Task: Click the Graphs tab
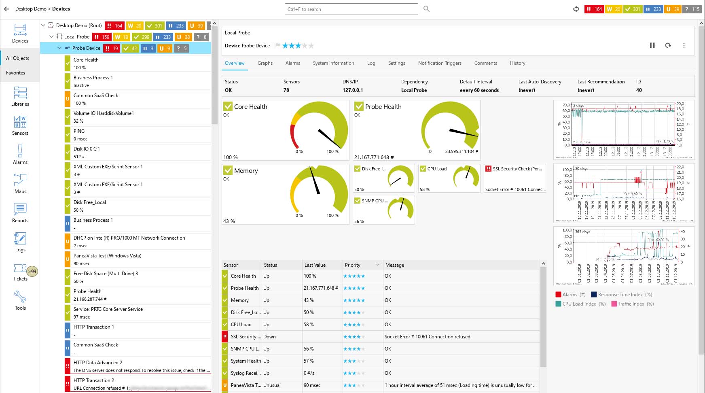point(265,63)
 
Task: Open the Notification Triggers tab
point(440,63)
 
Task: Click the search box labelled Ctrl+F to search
point(351,9)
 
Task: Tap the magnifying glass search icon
point(426,9)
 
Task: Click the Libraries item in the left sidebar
point(20,96)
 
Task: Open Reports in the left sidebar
point(20,213)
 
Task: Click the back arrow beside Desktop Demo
point(6,9)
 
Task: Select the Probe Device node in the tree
point(86,48)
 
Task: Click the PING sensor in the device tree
point(79,131)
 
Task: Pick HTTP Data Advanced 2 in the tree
point(98,363)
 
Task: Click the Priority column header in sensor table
point(353,265)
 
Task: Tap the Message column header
point(395,265)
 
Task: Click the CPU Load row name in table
point(241,325)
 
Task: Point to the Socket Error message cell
point(428,337)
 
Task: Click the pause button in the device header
point(652,45)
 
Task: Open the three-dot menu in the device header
point(684,45)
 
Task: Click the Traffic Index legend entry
point(632,304)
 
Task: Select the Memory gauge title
point(246,171)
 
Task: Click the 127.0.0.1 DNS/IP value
point(353,90)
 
